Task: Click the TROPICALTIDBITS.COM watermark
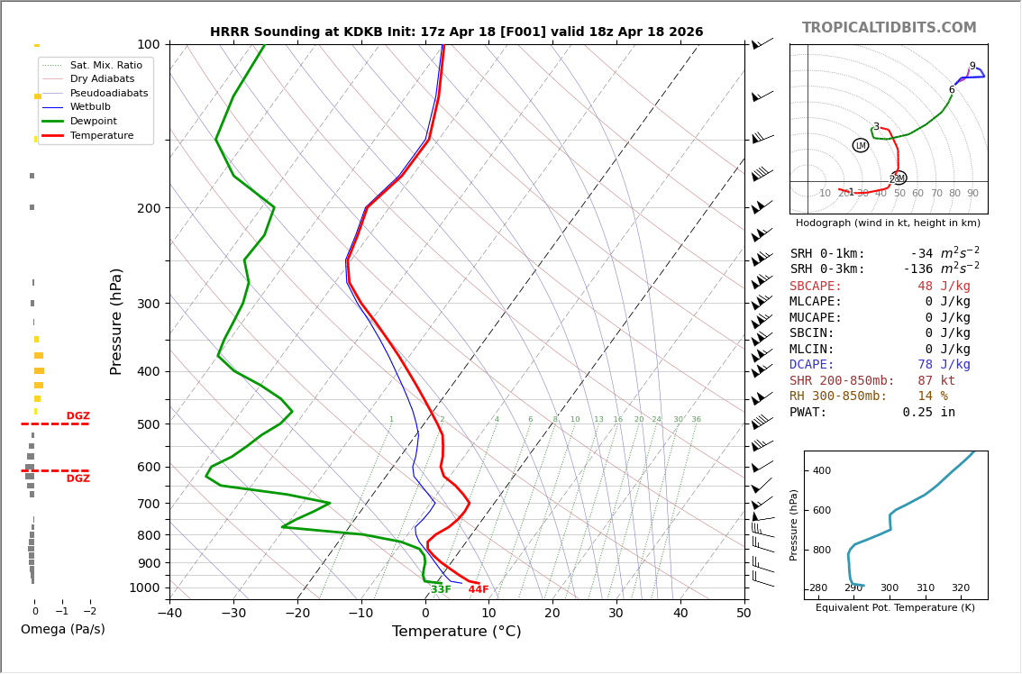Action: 889,28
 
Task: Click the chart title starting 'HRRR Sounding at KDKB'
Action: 456,32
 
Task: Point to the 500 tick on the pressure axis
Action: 149,424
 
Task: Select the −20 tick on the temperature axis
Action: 297,614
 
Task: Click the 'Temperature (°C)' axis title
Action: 456,632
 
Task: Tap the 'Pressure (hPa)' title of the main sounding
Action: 116,321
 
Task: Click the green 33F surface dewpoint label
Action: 441,590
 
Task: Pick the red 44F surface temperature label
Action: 479,590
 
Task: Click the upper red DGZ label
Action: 78,416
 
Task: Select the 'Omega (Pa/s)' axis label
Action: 62,629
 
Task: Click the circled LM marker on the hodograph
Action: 861,145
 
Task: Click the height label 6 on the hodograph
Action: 951,90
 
